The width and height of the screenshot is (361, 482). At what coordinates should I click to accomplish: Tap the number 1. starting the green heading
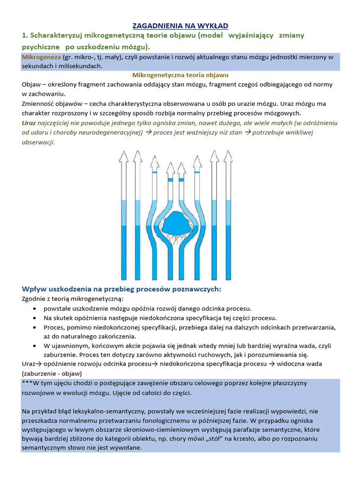pos(25,36)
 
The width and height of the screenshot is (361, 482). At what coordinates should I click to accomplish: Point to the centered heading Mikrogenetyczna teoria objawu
pos(181,75)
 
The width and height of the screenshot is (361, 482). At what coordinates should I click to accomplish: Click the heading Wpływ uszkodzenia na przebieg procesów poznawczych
pos(121,289)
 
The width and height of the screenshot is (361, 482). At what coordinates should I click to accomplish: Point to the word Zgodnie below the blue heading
pos(34,299)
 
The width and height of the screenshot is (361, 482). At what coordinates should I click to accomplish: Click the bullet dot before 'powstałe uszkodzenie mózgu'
pos(36,308)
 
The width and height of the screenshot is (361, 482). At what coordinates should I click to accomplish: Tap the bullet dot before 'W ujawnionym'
pos(36,346)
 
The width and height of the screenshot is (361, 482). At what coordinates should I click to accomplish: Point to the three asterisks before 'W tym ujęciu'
pos(27,383)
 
